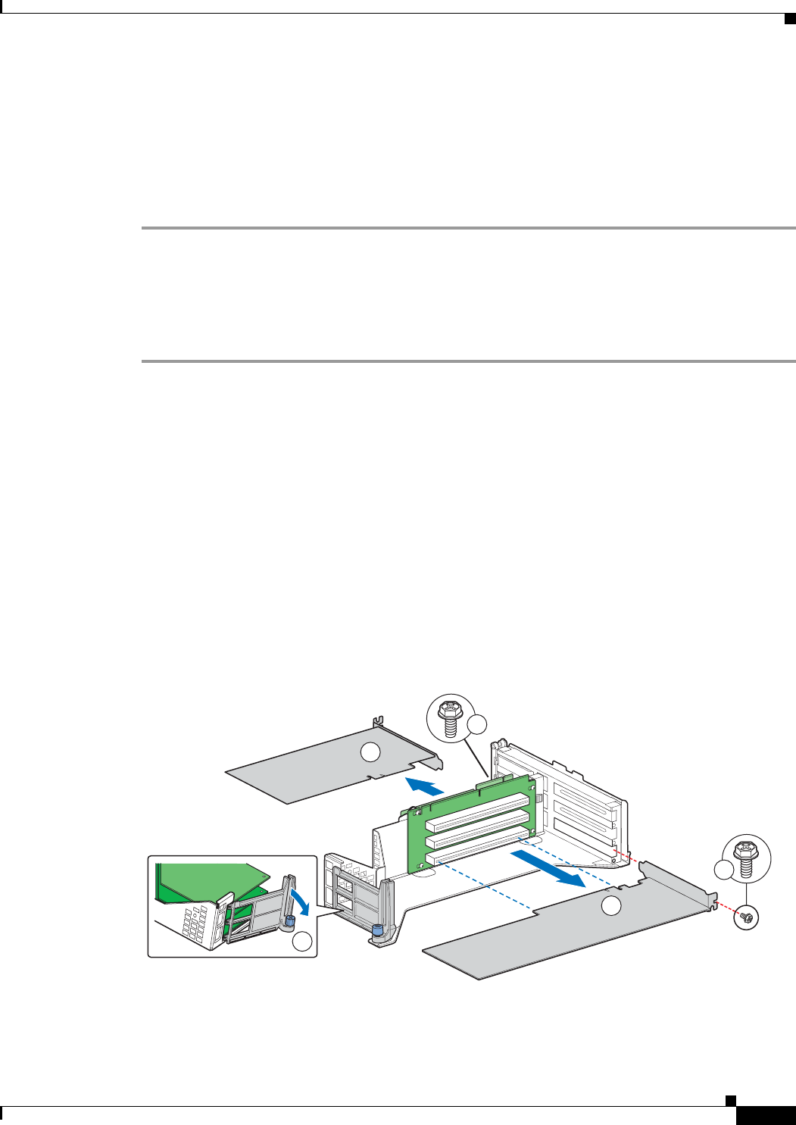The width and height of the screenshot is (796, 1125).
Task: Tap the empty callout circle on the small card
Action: click(x=370, y=752)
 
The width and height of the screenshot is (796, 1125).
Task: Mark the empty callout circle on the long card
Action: click(x=611, y=906)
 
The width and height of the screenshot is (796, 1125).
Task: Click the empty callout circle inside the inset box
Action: click(x=302, y=942)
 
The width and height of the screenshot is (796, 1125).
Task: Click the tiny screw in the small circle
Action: click(x=748, y=918)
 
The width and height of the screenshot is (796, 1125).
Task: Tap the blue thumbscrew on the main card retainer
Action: click(x=376, y=931)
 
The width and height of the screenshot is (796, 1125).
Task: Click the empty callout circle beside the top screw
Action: click(x=477, y=726)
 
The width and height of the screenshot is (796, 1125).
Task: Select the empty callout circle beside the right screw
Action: click(x=723, y=870)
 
